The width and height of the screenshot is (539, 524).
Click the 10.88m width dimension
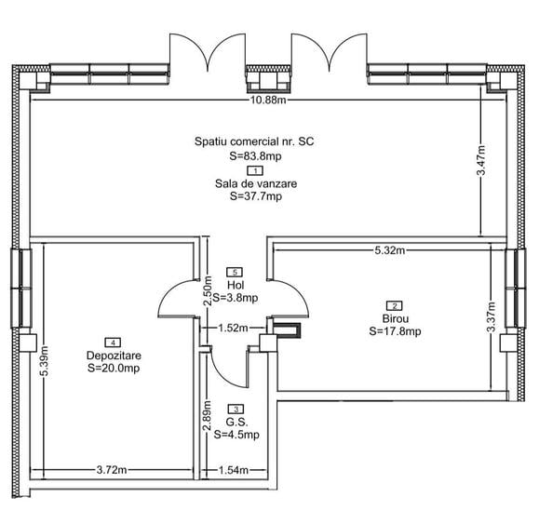[268, 100]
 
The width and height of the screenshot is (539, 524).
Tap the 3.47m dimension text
[481, 160]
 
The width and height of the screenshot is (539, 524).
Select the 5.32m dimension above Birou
[389, 250]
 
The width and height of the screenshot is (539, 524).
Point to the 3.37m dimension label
[492, 316]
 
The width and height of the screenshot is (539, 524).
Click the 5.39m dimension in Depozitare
[44, 361]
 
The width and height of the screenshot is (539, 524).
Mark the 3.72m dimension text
[112, 469]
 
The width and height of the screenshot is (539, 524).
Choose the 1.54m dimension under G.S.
[234, 469]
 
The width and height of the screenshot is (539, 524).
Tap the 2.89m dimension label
[207, 416]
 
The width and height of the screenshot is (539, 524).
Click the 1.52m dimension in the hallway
[233, 329]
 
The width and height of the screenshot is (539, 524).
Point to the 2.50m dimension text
[207, 291]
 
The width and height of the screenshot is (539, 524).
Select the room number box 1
[255, 170]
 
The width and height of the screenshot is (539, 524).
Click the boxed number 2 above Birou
[395, 305]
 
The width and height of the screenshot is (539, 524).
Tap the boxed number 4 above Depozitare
[113, 343]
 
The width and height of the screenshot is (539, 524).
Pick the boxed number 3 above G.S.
[236, 409]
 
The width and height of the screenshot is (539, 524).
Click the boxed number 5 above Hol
[235, 272]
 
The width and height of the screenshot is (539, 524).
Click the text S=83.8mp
[255, 156]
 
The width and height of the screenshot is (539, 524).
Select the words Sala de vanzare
[256, 183]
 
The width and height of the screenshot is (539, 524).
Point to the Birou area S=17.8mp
[395, 331]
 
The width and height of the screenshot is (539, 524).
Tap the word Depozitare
[114, 356]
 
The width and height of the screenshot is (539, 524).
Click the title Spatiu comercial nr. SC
[254, 141]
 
